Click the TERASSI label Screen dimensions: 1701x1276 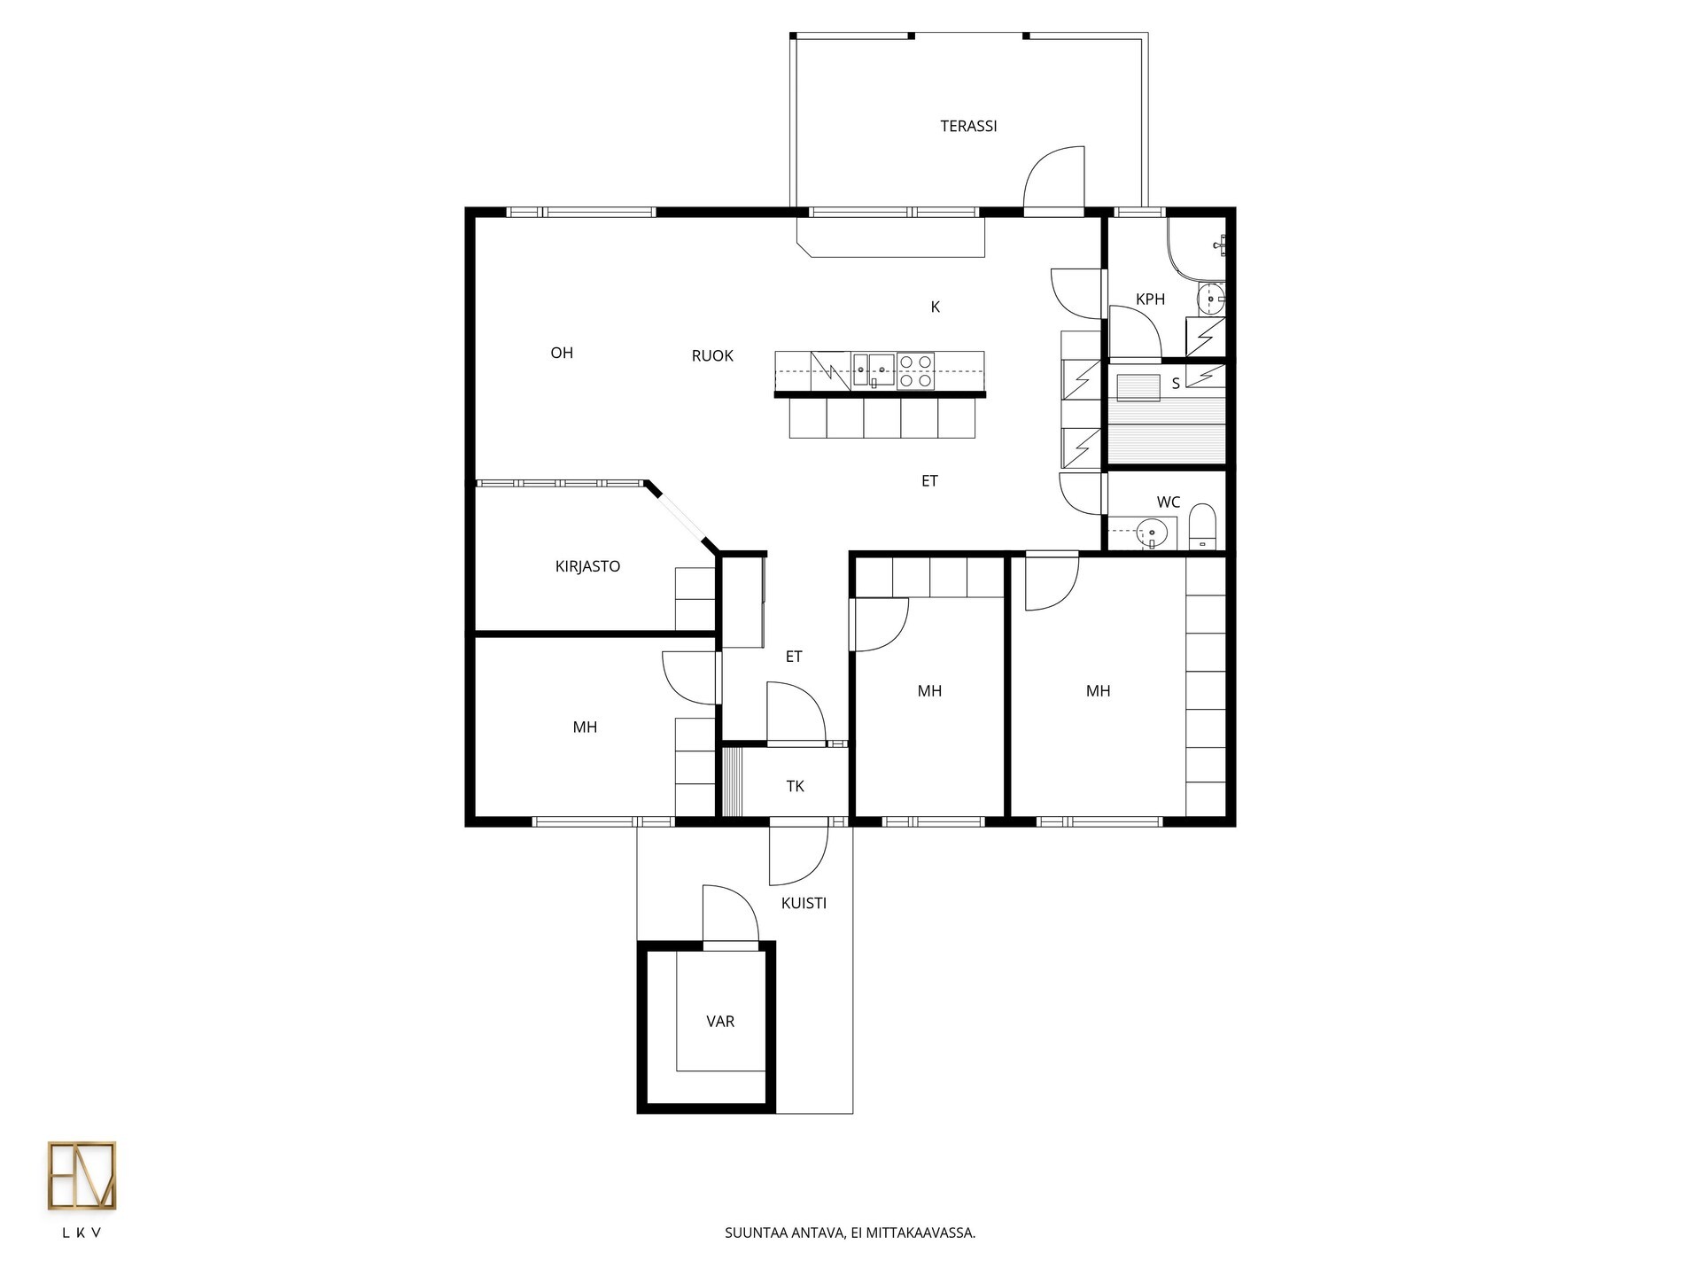pos(968,127)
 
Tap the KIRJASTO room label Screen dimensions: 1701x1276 pos(587,567)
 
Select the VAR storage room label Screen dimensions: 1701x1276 pos(720,1022)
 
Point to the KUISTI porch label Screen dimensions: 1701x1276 pos(804,904)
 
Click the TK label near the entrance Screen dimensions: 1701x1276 pos(795,786)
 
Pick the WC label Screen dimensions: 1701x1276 pos(1169,502)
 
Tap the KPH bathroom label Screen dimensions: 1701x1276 pos(1150,300)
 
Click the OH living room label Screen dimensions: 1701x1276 pos(562,353)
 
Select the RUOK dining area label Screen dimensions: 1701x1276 pos(712,356)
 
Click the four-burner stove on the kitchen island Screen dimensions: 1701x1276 pos(915,371)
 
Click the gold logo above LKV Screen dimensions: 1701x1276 pos(82,1176)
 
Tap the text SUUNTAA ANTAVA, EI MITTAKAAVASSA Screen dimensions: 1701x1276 pos(850,1233)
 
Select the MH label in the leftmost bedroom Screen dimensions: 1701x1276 pos(585,727)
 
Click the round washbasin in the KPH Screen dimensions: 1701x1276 pos(1211,300)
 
